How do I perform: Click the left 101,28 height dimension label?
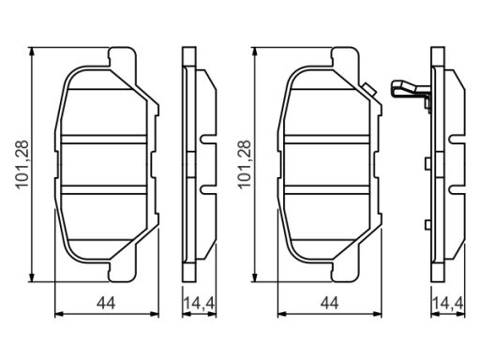22,164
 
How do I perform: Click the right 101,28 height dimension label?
245,164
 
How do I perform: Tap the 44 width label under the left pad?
106,303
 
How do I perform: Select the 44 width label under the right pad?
329,303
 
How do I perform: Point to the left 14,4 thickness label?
199,303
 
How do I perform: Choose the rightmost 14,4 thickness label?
448,303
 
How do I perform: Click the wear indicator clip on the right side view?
411,93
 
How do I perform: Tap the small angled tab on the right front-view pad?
369,90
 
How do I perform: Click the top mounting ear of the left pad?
123,57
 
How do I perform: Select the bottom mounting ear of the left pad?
123,271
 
